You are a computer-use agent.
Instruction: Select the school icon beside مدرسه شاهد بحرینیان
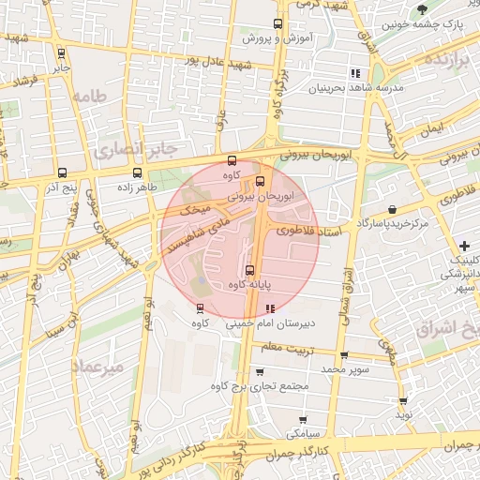tap(354, 73)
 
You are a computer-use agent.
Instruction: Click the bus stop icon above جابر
tap(61, 53)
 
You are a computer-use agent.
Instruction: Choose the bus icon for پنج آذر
tap(62, 172)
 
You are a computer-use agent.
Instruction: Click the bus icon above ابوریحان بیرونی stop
tap(260, 182)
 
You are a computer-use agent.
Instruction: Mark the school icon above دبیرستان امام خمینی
tap(271, 307)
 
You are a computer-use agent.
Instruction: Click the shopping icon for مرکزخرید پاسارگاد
tap(391, 210)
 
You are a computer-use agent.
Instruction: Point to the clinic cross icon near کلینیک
tap(465, 246)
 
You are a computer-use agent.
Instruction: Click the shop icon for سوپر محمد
tap(344, 355)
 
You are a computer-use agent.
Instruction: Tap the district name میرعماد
tap(102, 367)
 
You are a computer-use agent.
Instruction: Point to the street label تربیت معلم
tap(283, 348)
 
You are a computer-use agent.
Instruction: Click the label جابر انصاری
tap(135, 148)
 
